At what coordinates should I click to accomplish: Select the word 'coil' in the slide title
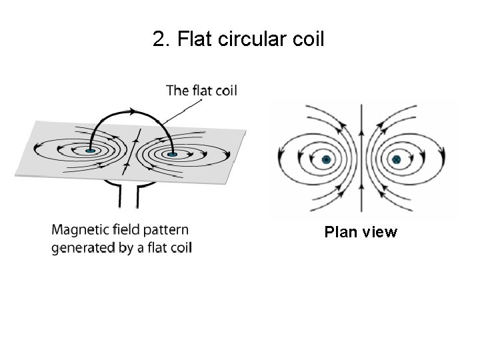pyautogui.click(x=307, y=39)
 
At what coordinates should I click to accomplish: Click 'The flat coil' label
pyautogui.click(x=201, y=91)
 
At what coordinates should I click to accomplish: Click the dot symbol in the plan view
pyautogui.click(x=327, y=160)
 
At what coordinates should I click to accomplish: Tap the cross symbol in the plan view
pyautogui.click(x=397, y=160)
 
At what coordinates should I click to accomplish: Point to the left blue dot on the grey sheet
pyautogui.click(x=91, y=151)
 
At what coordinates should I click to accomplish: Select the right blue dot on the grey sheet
pyautogui.click(x=173, y=155)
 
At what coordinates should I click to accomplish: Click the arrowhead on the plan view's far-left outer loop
pyautogui.click(x=283, y=160)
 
